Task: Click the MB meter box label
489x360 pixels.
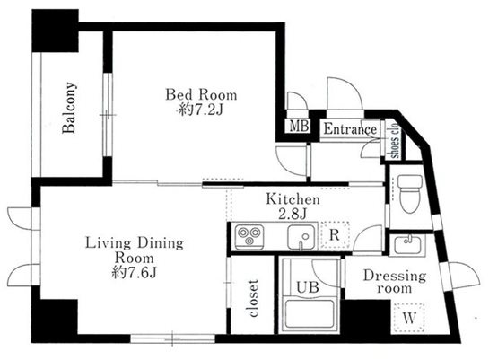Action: tap(299, 126)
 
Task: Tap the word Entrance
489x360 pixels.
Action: tap(350, 129)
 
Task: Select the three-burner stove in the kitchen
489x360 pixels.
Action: tap(249, 237)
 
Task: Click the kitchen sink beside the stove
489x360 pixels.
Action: tap(301, 237)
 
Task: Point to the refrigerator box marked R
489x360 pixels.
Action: tap(335, 234)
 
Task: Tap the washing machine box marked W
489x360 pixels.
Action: tap(409, 318)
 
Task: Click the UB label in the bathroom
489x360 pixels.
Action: tap(307, 286)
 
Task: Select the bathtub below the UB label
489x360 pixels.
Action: tap(310, 313)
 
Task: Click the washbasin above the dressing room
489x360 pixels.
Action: tap(407, 245)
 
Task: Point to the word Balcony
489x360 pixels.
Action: tap(69, 108)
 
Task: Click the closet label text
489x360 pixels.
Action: tap(253, 298)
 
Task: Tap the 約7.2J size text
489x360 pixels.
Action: tap(200, 110)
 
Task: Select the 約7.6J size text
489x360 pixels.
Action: tap(134, 272)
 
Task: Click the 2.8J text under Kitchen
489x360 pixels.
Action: tap(293, 214)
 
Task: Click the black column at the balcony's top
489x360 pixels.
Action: tap(56, 31)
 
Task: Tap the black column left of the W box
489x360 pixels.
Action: tap(366, 317)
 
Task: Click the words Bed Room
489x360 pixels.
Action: tap(201, 94)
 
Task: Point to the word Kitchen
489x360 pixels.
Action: tap(293, 199)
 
